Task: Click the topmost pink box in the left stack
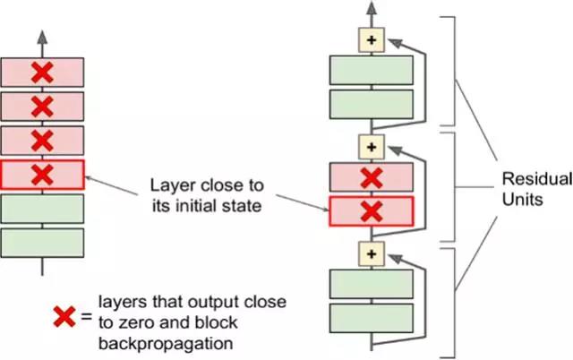coord(42,71)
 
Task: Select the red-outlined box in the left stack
coord(42,174)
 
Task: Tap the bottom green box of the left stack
coord(42,242)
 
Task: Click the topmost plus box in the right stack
coord(371,41)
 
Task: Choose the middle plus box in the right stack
coord(371,146)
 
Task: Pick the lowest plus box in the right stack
coord(371,254)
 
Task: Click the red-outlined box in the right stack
coord(371,211)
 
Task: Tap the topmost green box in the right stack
coord(371,71)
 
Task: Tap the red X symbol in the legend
coord(64,317)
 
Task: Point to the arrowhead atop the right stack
coord(371,11)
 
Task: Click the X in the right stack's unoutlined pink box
coord(371,177)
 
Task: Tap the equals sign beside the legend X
coord(86,315)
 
